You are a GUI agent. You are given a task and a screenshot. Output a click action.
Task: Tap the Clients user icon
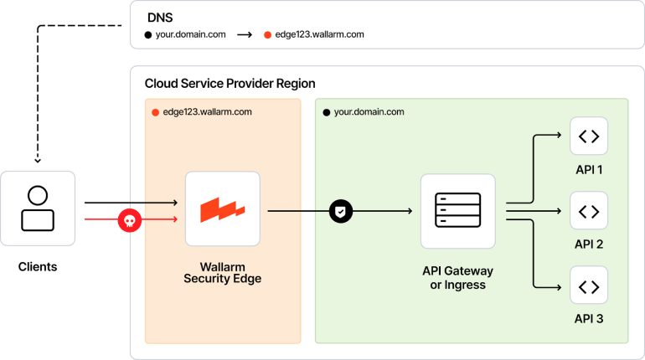pyautogui.click(x=38, y=208)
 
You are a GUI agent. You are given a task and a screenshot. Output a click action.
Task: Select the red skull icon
pyautogui.click(x=129, y=220)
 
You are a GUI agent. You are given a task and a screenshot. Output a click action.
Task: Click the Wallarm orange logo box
pyautogui.click(x=222, y=209)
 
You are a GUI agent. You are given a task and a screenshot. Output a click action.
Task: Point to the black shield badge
pyautogui.click(x=341, y=211)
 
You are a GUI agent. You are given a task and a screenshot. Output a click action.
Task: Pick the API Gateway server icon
pyautogui.click(x=457, y=211)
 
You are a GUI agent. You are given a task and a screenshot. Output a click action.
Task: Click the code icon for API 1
pyautogui.click(x=588, y=136)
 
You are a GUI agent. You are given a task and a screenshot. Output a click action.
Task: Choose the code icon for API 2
pyautogui.click(x=588, y=211)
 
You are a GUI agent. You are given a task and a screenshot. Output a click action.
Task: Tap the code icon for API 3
pyautogui.click(x=588, y=285)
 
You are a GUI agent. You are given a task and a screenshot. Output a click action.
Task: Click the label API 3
pyautogui.click(x=588, y=319)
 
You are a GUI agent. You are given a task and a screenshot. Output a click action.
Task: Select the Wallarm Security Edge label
pyautogui.click(x=222, y=272)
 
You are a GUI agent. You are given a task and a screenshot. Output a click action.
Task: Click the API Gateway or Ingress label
pyautogui.click(x=457, y=278)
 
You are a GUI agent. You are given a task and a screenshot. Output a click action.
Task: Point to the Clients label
pyautogui.click(x=38, y=267)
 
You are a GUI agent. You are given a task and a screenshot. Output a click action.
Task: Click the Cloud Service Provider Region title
pyautogui.click(x=230, y=84)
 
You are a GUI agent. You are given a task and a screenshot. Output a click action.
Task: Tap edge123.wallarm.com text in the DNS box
pyautogui.click(x=319, y=35)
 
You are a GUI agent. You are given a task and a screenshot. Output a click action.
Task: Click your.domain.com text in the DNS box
pyautogui.click(x=190, y=35)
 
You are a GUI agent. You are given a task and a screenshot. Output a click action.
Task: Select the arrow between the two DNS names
pyautogui.click(x=245, y=35)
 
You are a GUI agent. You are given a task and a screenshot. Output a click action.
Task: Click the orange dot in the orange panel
pyautogui.click(x=155, y=111)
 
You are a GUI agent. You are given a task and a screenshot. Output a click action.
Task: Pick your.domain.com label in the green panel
pyautogui.click(x=369, y=111)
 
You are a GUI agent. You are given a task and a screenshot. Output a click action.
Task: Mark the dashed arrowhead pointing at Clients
pyautogui.click(x=38, y=158)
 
